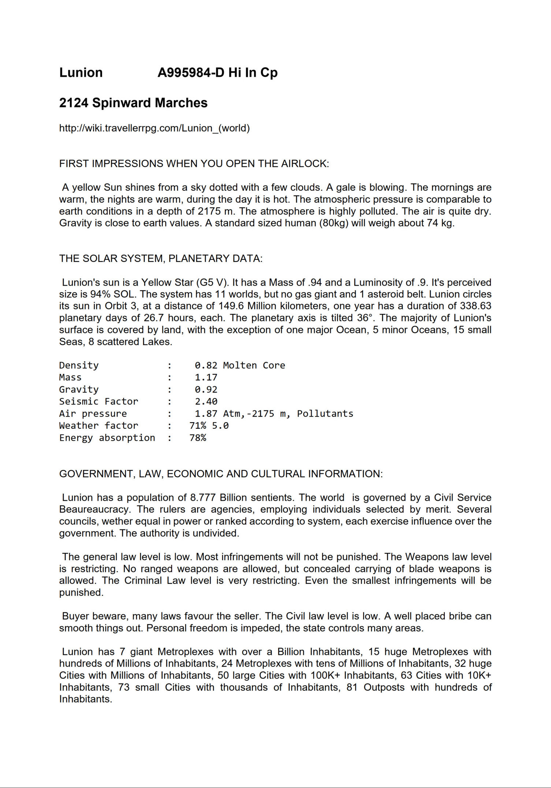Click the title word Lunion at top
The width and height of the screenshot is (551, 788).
(81, 72)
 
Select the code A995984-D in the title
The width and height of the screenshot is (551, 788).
(191, 72)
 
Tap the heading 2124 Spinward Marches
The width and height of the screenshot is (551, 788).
(133, 103)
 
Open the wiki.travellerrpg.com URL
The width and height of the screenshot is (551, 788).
(154, 128)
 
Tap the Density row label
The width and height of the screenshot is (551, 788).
(79, 365)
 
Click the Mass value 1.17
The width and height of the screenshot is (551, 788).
(206, 378)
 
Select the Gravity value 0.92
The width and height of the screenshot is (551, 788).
(206, 390)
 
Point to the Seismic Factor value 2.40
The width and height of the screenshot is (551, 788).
(206, 402)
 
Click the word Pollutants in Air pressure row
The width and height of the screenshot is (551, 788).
(325, 414)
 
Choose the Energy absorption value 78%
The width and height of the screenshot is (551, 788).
(198, 438)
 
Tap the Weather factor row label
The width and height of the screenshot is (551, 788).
(98, 426)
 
